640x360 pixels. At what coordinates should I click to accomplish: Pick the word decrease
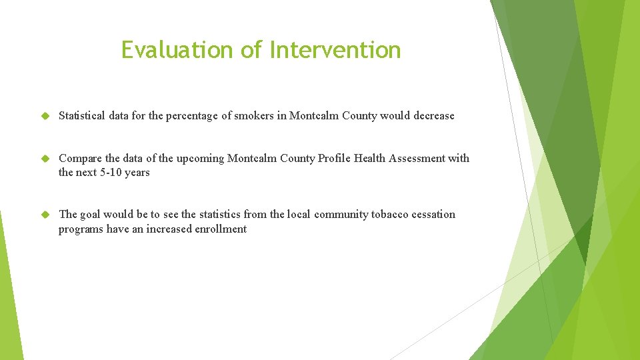click(x=433, y=116)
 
